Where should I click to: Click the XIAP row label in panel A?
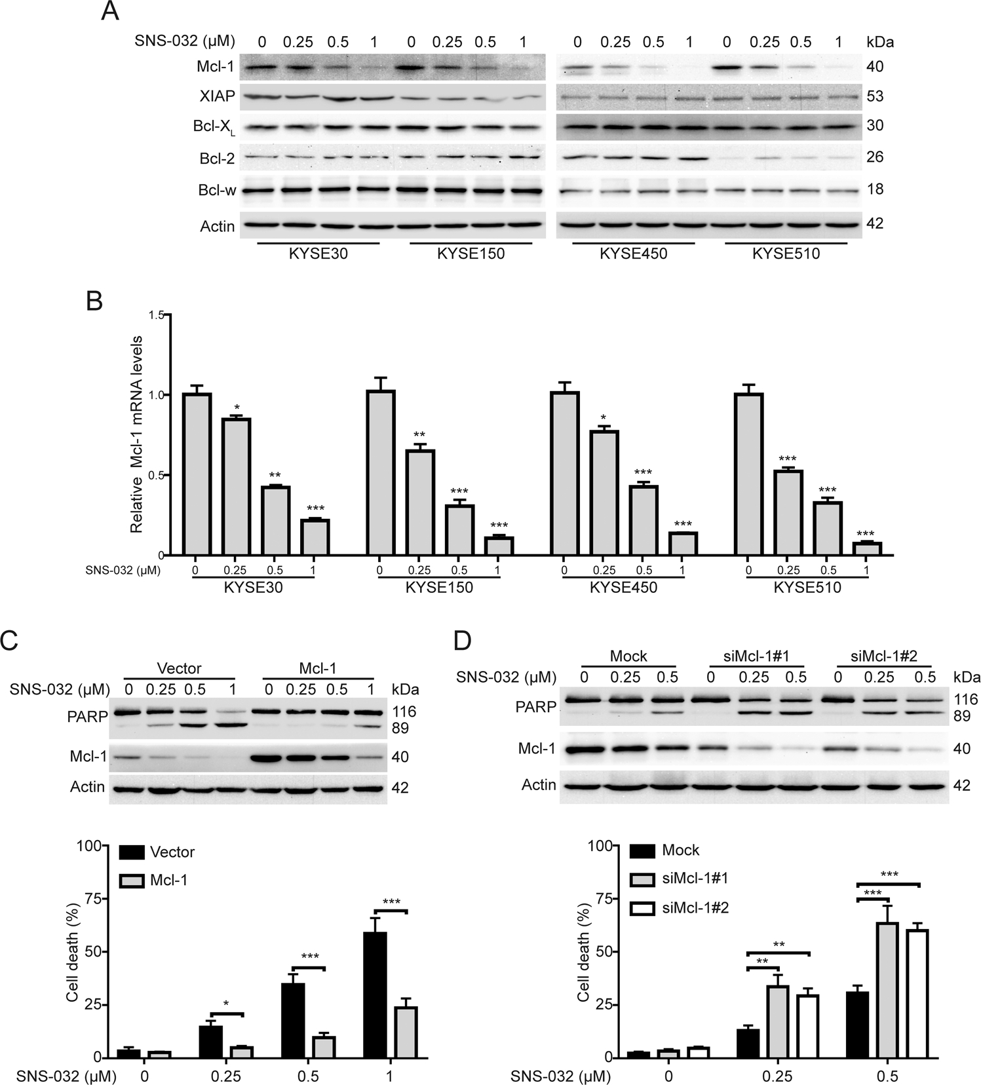(x=217, y=96)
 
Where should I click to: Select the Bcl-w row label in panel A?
(x=216, y=191)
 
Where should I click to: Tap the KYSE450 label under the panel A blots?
(x=633, y=254)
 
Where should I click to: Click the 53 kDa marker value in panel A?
(x=875, y=96)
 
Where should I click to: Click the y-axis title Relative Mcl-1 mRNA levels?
(x=136, y=434)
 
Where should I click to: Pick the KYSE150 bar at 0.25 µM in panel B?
(x=419, y=502)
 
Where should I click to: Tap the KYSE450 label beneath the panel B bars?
(x=623, y=588)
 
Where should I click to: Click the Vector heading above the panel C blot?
(x=179, y=668)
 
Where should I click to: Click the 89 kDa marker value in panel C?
(x=400, y=728)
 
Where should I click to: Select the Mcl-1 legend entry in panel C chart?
(x=168, y=881)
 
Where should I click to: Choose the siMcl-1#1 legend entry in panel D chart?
(x=695, y=879)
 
